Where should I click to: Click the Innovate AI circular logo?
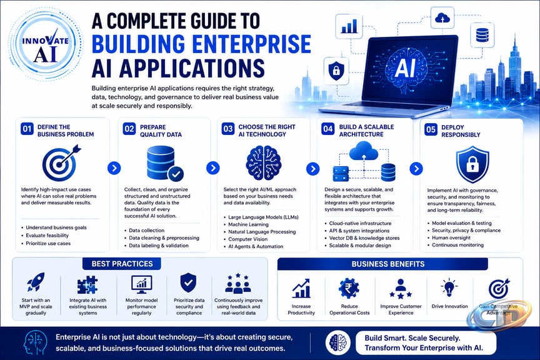click(x=46, y=45)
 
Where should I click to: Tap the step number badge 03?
click(x=227, y=129)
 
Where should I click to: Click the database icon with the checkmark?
click(x=165, y=163)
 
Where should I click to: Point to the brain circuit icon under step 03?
click(x=264, y=162)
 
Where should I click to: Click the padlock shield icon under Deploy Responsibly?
click(x=472, y=164)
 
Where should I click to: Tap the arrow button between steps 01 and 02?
click(x=114, y=168)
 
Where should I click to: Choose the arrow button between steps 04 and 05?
click(x=416, y=169)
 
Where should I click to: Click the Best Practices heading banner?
click(x=122, y=264)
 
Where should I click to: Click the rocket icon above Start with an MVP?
click(x=36, y=282)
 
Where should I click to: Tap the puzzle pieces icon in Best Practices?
click(x=87, y=285)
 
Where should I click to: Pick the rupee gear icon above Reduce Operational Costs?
click(x=349, y=287)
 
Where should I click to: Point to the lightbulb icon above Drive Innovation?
click(x=449, y=287)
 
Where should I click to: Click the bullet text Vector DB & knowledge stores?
click(x=364, y=238)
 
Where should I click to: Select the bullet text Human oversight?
click(x=451, y=237)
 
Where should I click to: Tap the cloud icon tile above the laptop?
click(x=442, y=17)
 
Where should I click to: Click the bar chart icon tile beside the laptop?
click(x=349, y=26)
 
